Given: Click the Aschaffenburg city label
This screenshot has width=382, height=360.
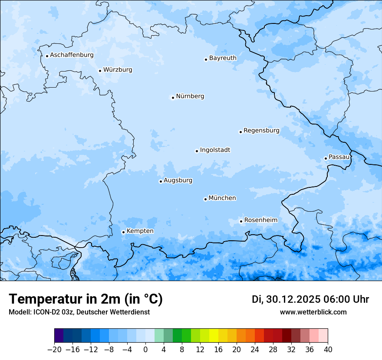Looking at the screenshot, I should click(x=72, y=55).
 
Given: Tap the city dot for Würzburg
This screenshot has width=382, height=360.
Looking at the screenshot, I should click(x=100, y=71).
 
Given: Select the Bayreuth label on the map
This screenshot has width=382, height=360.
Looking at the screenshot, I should click(x=223, y=58).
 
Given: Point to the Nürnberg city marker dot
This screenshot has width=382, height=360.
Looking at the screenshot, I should click(x=173, y=98).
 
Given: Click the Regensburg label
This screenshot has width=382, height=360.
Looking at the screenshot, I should click(x=261, y=131).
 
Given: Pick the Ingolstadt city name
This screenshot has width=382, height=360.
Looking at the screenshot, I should click(x=215, y=150).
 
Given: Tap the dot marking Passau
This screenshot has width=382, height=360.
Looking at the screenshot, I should click(x=326, y=158).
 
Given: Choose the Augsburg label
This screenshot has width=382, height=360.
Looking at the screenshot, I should click(x=178, y=180).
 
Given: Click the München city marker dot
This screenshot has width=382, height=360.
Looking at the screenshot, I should click(x=205, y=199).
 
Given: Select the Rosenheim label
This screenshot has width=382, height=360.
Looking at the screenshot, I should click(x=260, y=220).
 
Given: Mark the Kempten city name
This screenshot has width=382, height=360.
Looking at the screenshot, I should click(x=140, y=231).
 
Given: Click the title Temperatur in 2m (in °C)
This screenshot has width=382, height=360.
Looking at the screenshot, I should click(x=86, y=299).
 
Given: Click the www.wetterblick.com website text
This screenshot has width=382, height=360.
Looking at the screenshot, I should click(x=313, y=312).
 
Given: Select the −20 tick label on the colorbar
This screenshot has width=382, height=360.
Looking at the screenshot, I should click(x=54, y=349).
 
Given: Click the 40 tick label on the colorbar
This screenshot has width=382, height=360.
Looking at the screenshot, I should click(x=328, y=349).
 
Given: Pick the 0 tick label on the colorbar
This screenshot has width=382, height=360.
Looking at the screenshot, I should click(x=145, y=349).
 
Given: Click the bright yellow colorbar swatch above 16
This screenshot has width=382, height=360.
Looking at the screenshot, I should click(x=214, y=336).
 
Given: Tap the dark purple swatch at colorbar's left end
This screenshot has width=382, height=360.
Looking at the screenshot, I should click(x=59, y=336).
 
